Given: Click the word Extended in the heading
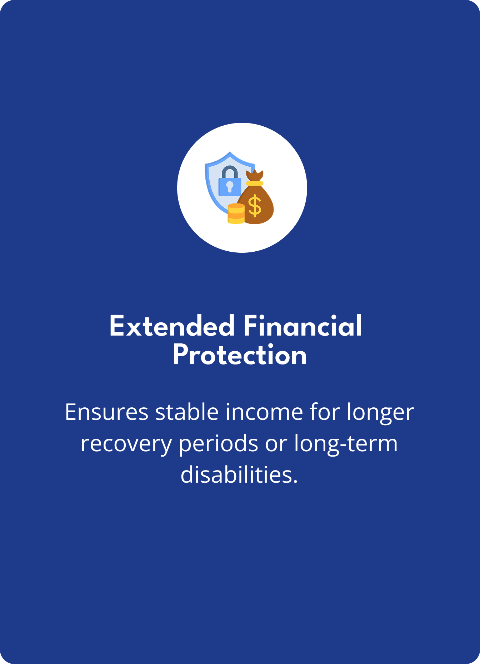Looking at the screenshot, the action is click(x=172, y=326).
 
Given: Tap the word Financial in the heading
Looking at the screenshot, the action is click(x=303, y=326).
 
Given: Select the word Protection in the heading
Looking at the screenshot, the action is click(x=240, y=356).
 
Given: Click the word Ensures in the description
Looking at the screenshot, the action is click(x=106, y=412).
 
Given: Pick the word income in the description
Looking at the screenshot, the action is click(x=264, y=412).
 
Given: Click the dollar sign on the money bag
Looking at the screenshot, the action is click(x=255, y=206).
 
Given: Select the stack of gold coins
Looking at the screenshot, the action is click(x=236, y=213).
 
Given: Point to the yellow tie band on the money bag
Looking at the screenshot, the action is click(x=255, y=183).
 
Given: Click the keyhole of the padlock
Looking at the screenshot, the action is click(x=230, y=186).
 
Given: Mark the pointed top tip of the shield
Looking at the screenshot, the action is click(x=230, y=152).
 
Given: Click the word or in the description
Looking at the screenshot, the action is click(x=276, y=445).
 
